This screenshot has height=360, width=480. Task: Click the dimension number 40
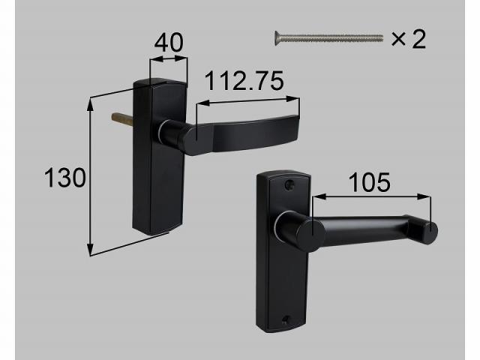(x=169, y=43)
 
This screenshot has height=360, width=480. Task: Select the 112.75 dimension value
(x=244, y=81)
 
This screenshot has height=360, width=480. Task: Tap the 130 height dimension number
(x=65, y=178)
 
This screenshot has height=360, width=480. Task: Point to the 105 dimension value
(x=370, y=182)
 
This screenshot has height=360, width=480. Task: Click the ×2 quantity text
(x=409, y=39)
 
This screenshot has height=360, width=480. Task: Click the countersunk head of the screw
(x=277, y=38)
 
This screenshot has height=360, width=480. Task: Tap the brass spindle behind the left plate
(x=122, y=118)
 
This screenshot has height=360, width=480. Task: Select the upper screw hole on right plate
(x=289, y=184)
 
